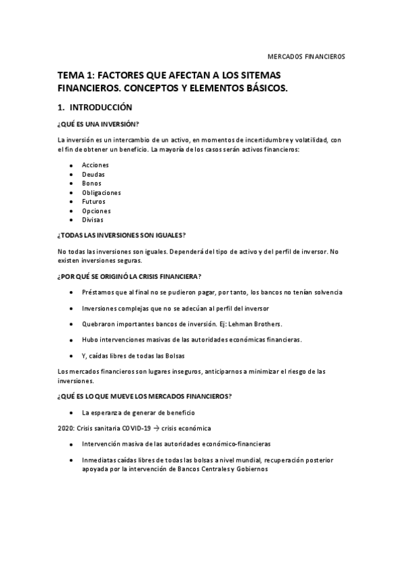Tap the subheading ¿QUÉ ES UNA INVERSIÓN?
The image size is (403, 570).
[98, 124]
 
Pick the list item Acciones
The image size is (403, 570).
[95, 165]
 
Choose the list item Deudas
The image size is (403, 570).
[93, 174]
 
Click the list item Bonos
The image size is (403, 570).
[91, 183]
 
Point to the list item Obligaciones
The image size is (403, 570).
[101, 192]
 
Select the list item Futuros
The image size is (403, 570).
[94, 201]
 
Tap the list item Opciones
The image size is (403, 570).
[96, 210]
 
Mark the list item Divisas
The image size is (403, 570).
[93, 220]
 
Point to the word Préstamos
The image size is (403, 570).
[98, 292]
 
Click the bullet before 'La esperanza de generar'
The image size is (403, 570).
[71, 411]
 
